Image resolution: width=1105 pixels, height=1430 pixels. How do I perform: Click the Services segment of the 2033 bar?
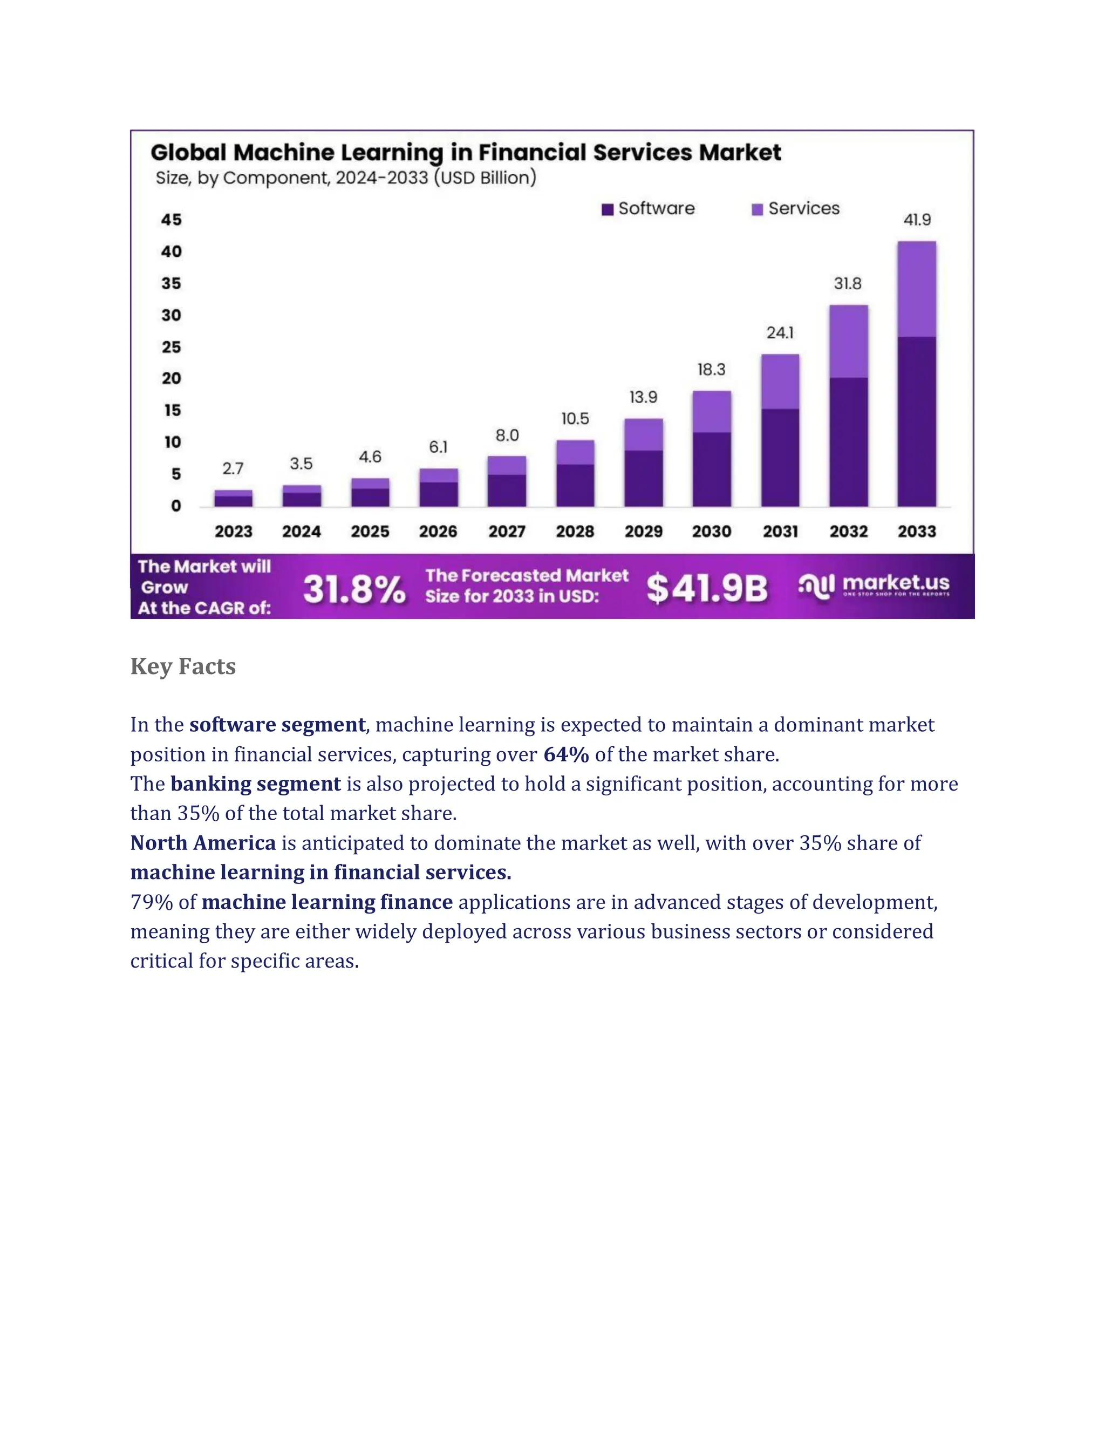click(x=917, y=289)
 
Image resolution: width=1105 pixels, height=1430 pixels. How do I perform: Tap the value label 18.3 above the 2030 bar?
click(x=711, y=370)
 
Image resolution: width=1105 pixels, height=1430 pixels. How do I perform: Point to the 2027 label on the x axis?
click(x=507, y=531)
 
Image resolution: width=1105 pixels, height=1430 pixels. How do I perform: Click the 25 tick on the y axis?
click(x=172, y=347)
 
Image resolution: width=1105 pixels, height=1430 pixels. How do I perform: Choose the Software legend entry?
click(x=648, y=209)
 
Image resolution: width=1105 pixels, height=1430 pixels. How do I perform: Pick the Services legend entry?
click(x=796, y=209)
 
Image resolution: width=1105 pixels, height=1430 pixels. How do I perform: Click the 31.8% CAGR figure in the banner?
click(x=354, y=589)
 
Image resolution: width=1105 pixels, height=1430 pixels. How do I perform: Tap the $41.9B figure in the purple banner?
click(x=707, y=588)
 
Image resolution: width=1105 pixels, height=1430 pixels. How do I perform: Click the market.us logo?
click(x=875, y=585)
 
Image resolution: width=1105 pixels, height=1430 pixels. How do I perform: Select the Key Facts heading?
click(x=183, y=666)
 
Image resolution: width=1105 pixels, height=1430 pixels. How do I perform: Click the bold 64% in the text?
click(x=565, y=754)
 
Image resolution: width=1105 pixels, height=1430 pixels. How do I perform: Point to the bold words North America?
click(x=203, y=843)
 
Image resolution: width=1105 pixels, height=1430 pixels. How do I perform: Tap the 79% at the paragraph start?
click(x=151, y=902)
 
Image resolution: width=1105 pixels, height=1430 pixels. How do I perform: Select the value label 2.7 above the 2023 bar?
click(x=233, y=469)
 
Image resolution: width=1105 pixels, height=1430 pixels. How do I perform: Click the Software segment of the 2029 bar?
click(x=644, y=478)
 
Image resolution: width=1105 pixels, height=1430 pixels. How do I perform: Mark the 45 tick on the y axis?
click(x=172, y=220)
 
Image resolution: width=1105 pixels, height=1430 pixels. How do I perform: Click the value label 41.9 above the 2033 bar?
click(x=917, y=220)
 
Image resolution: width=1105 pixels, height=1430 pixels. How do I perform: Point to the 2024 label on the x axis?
click(x=301, y=531)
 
